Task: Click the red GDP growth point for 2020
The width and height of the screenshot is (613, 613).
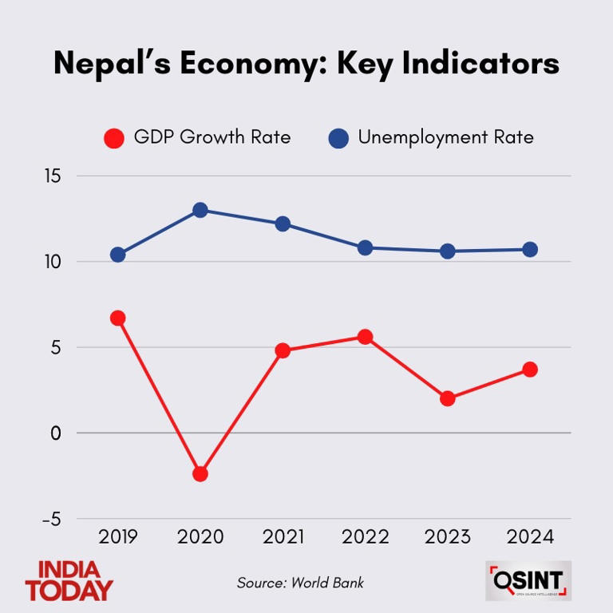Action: pyautogui.click(x=200, y=473)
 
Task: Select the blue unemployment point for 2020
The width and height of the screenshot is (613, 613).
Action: pyautogui.click(x=200, y=210)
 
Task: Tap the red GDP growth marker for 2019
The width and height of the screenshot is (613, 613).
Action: pyautogui.click(x=117, y=318)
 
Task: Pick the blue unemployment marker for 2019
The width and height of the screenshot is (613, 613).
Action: pyautogui.click(x=117, y=255)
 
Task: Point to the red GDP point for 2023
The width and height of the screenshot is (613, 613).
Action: pyautogui.click(x=448, y=398)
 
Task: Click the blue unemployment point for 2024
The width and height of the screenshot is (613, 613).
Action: pyautogui.click(x=530, y=249)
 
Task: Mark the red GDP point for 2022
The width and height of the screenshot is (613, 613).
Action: pyautogui.click(x=365, y=337)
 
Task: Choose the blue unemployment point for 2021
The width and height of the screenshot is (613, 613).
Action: pyautogui.click(x=283, y=223)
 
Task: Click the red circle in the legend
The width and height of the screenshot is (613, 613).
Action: pyautogui.click(x=115, y=138)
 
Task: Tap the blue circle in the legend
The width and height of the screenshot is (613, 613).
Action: pyautogui.click(x=338, y=138)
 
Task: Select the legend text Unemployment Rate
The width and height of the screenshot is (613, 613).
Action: pyautogui.click(x=445, y=137)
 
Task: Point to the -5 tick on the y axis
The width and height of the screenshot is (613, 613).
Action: pyautogui.click(x=51, y=520)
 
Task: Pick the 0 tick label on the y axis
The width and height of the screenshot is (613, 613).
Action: pyautogui.click(x=56, y=433)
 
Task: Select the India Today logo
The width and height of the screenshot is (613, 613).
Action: pyautogui.click(x=69, y=581)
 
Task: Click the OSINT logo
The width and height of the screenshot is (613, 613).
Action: pyautogui.click(x=528, y=581)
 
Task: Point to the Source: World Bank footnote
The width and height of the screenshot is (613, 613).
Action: pyautogui.click(x=300, y=583)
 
